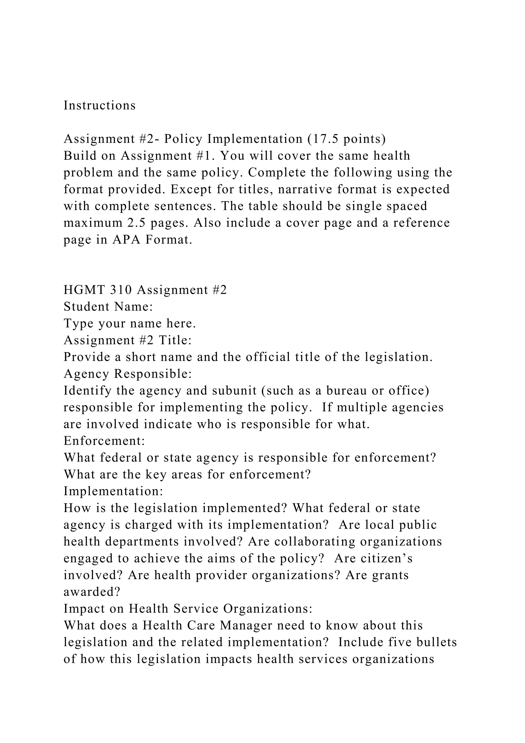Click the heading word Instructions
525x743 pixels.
(99, 105)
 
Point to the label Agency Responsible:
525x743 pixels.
(128, 374)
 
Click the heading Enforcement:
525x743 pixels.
(104, 441)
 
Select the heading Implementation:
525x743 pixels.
(113, 491)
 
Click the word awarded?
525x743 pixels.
(92, 592)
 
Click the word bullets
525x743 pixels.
(436, 642)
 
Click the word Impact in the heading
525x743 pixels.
(83, 609)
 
